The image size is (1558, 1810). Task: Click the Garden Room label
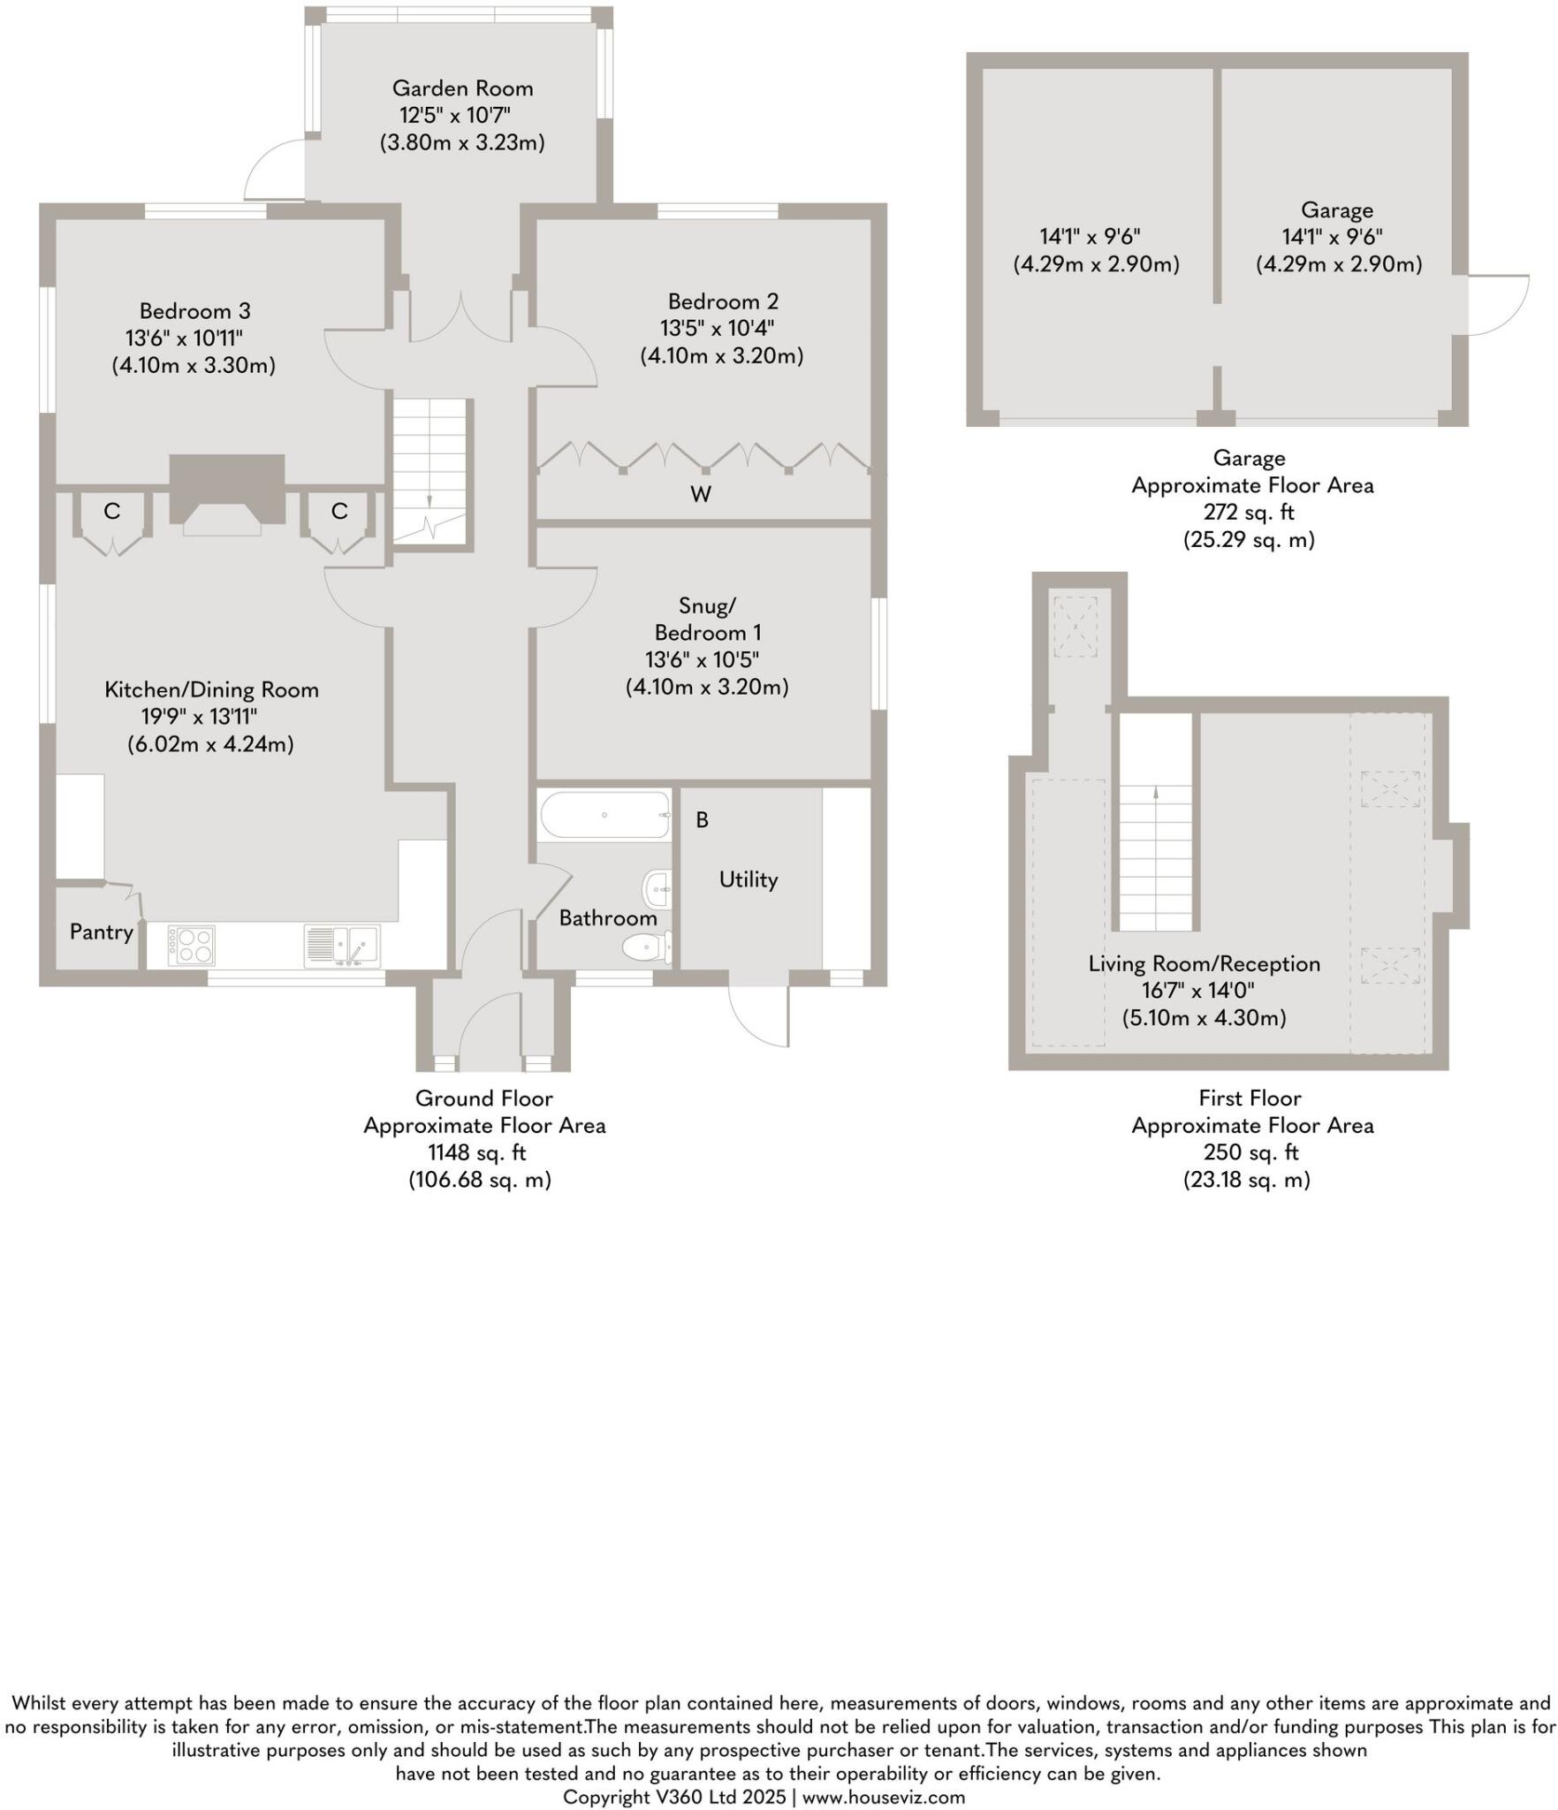pyautogui.click(x=462, y=88)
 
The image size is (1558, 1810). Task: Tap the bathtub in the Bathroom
pyautogui.click(x=604, y=815)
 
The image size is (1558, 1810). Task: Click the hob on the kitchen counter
pyautogui.click(x=192, y=945)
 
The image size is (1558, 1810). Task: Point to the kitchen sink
pyautogui.click(x=342, y=945)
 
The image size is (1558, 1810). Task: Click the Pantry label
pyautogui.click(x=102, y=932)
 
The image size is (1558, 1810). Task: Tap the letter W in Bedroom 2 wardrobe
pyautogui.click(x=701, y=495)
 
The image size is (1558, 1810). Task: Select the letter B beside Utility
pyautogui.click(x=702, y=820)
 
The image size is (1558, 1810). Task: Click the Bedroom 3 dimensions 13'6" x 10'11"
pyautogui.click(x=184, y=338)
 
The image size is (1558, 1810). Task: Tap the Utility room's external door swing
pyautogui.click(x=760, y=1016)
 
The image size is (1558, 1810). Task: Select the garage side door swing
pyautogui.click(x=1497, y=305)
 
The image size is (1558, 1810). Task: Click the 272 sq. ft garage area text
pyautogui.click(x=1249, y=512)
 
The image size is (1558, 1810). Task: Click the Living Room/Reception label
pyautogui.click(x=1204, y=963)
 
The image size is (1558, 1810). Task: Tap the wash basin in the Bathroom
pyautogui.click(x=657, y=888)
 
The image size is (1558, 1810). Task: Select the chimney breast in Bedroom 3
pyautogui.click(x=227, y=491)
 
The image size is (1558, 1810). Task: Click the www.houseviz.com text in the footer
pyautogui.click(x=883, y=1797)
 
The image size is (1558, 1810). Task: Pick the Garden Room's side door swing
pyautogui.click(x=274, y=172)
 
